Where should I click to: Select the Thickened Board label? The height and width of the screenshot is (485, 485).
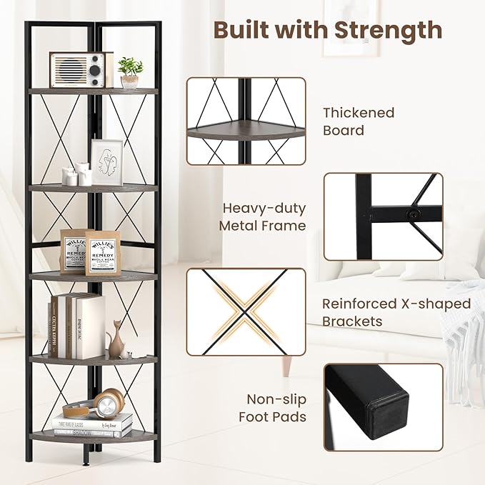point(358,121)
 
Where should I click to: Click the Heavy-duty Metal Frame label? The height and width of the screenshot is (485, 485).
point(264,217)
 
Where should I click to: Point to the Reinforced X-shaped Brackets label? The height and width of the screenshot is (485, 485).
point(396,312)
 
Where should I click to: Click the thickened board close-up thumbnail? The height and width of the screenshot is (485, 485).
point(246,121)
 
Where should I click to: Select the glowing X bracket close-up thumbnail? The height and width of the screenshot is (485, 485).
point(246,311)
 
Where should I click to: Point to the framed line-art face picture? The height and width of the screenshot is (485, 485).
point(107,162)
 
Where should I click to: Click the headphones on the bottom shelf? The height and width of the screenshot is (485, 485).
point(93,404)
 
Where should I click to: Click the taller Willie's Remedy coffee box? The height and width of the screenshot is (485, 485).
point(102,252)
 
